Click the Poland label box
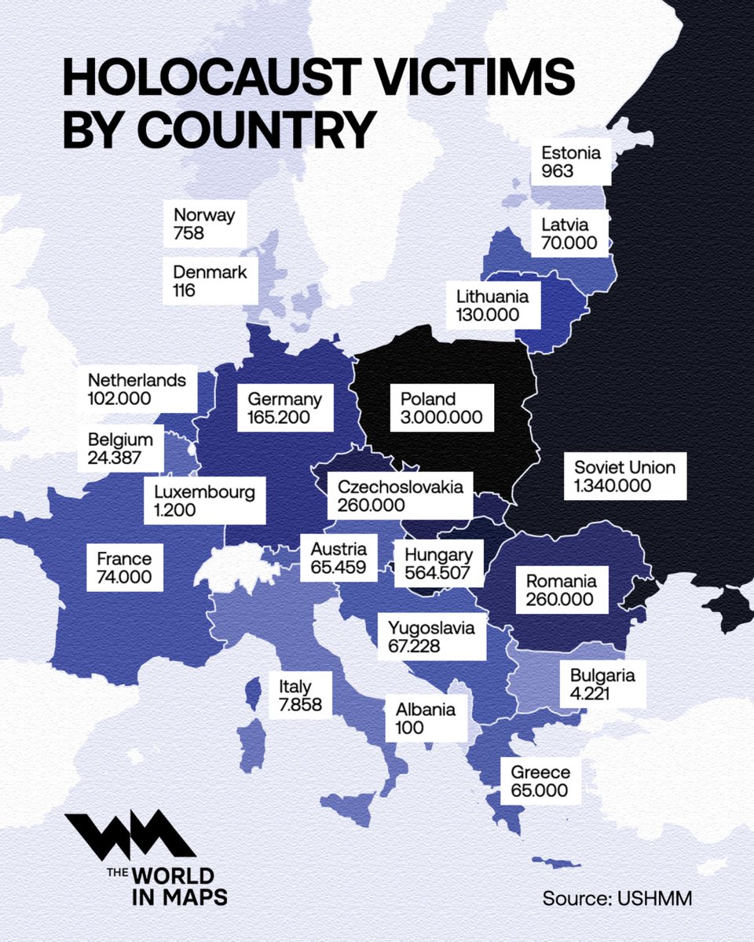point(442,407)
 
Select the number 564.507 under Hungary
point(437,574)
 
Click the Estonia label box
point(571,161)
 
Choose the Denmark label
point(210,281)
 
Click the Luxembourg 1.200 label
point(204,501)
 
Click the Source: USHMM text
point(617,898)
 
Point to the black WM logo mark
point(130,835)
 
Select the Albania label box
point(426,718)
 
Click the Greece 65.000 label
point(540,780)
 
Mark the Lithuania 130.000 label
point(493,306)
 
